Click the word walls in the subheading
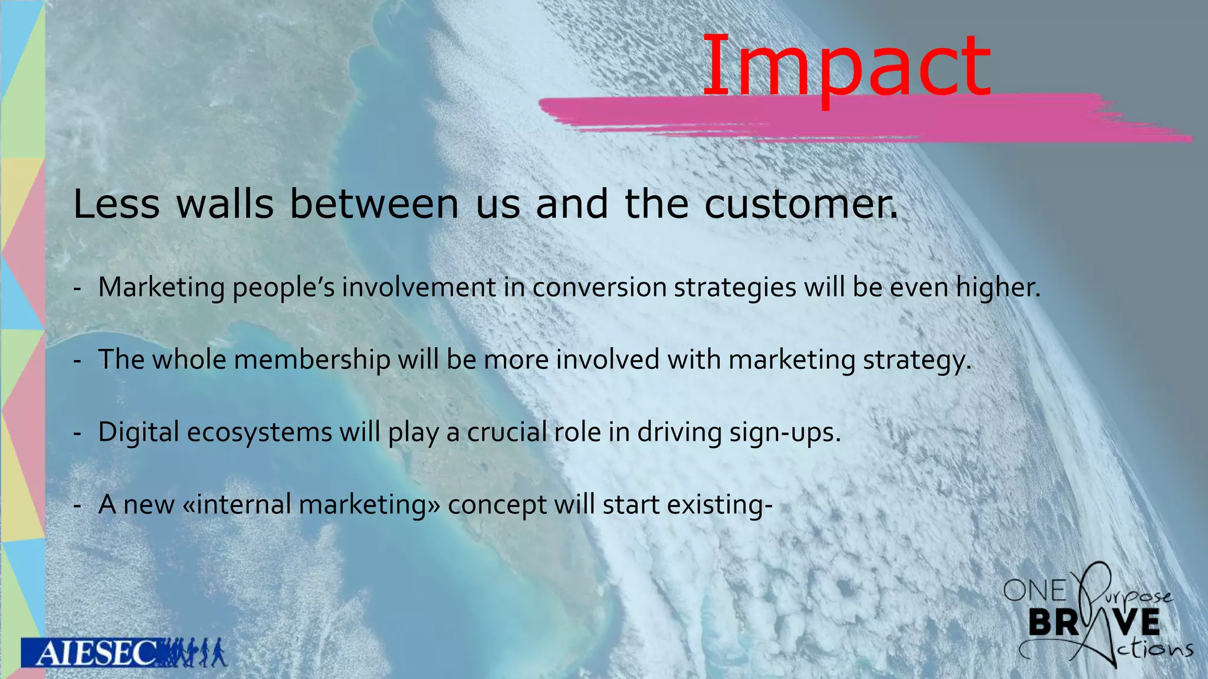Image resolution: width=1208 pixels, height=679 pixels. pos(225,204)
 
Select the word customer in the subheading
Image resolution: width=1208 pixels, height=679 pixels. pos(799,204)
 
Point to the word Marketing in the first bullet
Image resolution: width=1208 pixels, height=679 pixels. pos(161,288)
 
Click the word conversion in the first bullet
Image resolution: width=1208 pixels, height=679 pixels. pos(599,288)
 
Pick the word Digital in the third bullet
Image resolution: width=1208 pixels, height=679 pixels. pos(138,432)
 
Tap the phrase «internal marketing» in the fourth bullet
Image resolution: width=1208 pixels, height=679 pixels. pos(311,505)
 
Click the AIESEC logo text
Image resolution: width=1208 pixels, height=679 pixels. pos(94,653)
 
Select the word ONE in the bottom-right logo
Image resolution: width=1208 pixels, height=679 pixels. pos(1035,591)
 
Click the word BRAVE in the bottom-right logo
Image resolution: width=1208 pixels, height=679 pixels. pos(1094,622)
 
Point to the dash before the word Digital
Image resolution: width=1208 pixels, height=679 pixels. pos(77,433)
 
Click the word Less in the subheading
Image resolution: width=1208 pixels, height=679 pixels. pos(116,204)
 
